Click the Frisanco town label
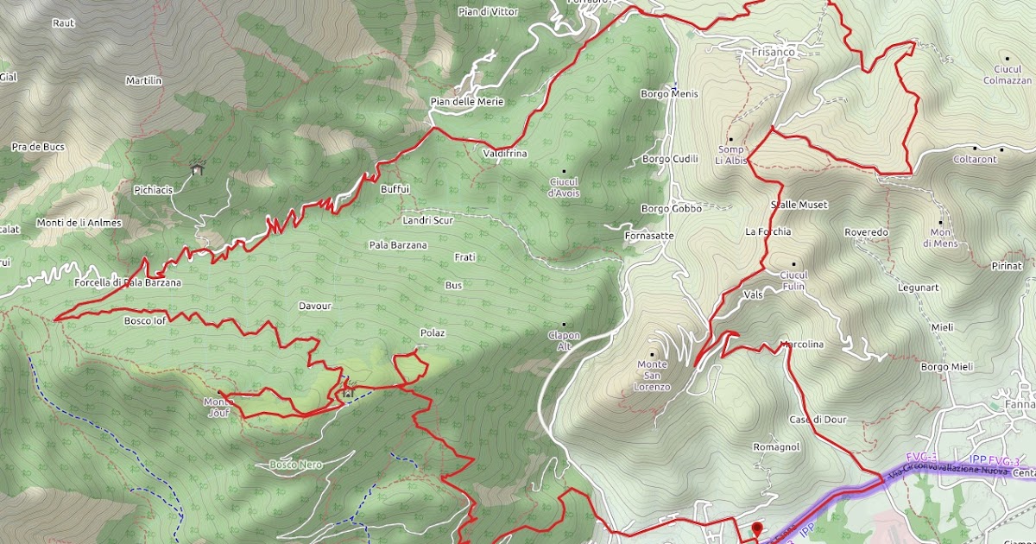point(773,52)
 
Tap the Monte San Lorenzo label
point(653,376)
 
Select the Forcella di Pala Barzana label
point(128,282)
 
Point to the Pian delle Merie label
point(466,102)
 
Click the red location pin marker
point(757,530)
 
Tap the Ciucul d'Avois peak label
point(565,187)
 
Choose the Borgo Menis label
point(669,94)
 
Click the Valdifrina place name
point(505,154)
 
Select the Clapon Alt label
point(565,340)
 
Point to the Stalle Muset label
point(799,205)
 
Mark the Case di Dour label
point(818,420)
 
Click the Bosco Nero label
point(295,465)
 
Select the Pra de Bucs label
point(38,147)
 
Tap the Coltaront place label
point(974,159)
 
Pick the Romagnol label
point(777,447)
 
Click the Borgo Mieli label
point(947,367)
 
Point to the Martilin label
point(143,80)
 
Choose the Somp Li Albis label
point(730,155)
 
